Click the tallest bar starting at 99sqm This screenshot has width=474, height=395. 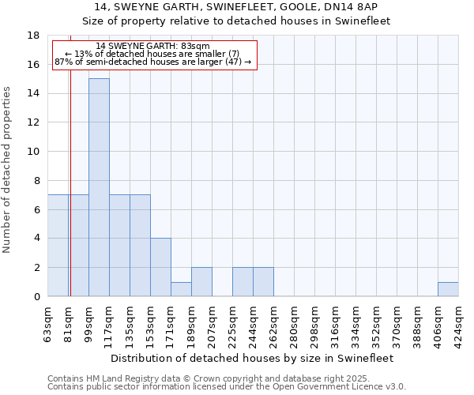tap(99, 187)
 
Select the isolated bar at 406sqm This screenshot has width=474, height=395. tap(448, 289)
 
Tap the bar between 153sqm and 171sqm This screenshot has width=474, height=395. tap(160, 267)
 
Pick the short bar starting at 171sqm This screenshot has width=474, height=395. tap(181, 289)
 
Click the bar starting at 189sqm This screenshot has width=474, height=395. tap(201, 282)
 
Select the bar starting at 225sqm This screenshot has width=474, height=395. tap(243, 282)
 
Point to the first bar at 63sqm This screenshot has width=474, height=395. tap(58, 245)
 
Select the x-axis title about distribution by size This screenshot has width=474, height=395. tap(253, 358)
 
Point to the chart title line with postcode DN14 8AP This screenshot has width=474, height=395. tap(237, 6)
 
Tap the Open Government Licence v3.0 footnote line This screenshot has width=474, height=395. tap(227, 387)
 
